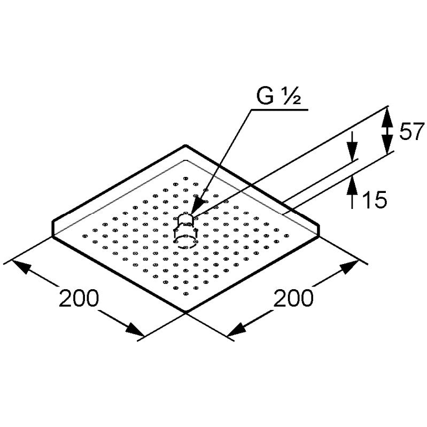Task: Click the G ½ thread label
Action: coord(278,96)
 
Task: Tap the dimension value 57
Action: coord(412,131)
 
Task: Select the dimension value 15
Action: coord(375,199)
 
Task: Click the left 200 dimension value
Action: coord(79,298)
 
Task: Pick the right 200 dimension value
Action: coord(293,298)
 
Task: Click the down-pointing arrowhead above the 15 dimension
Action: coord(352,152)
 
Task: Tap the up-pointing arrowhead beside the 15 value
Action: coord(352,186)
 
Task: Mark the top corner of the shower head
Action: coord(185,146)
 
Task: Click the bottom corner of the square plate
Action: coord(186,311)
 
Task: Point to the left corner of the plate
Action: coord(52,236)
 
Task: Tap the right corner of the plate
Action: coord(319,236)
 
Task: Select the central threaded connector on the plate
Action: coord(186,231)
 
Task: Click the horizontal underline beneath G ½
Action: coord(280,110)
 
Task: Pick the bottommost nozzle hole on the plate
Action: coord(186,293)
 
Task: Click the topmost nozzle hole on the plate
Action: coord(186,178)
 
